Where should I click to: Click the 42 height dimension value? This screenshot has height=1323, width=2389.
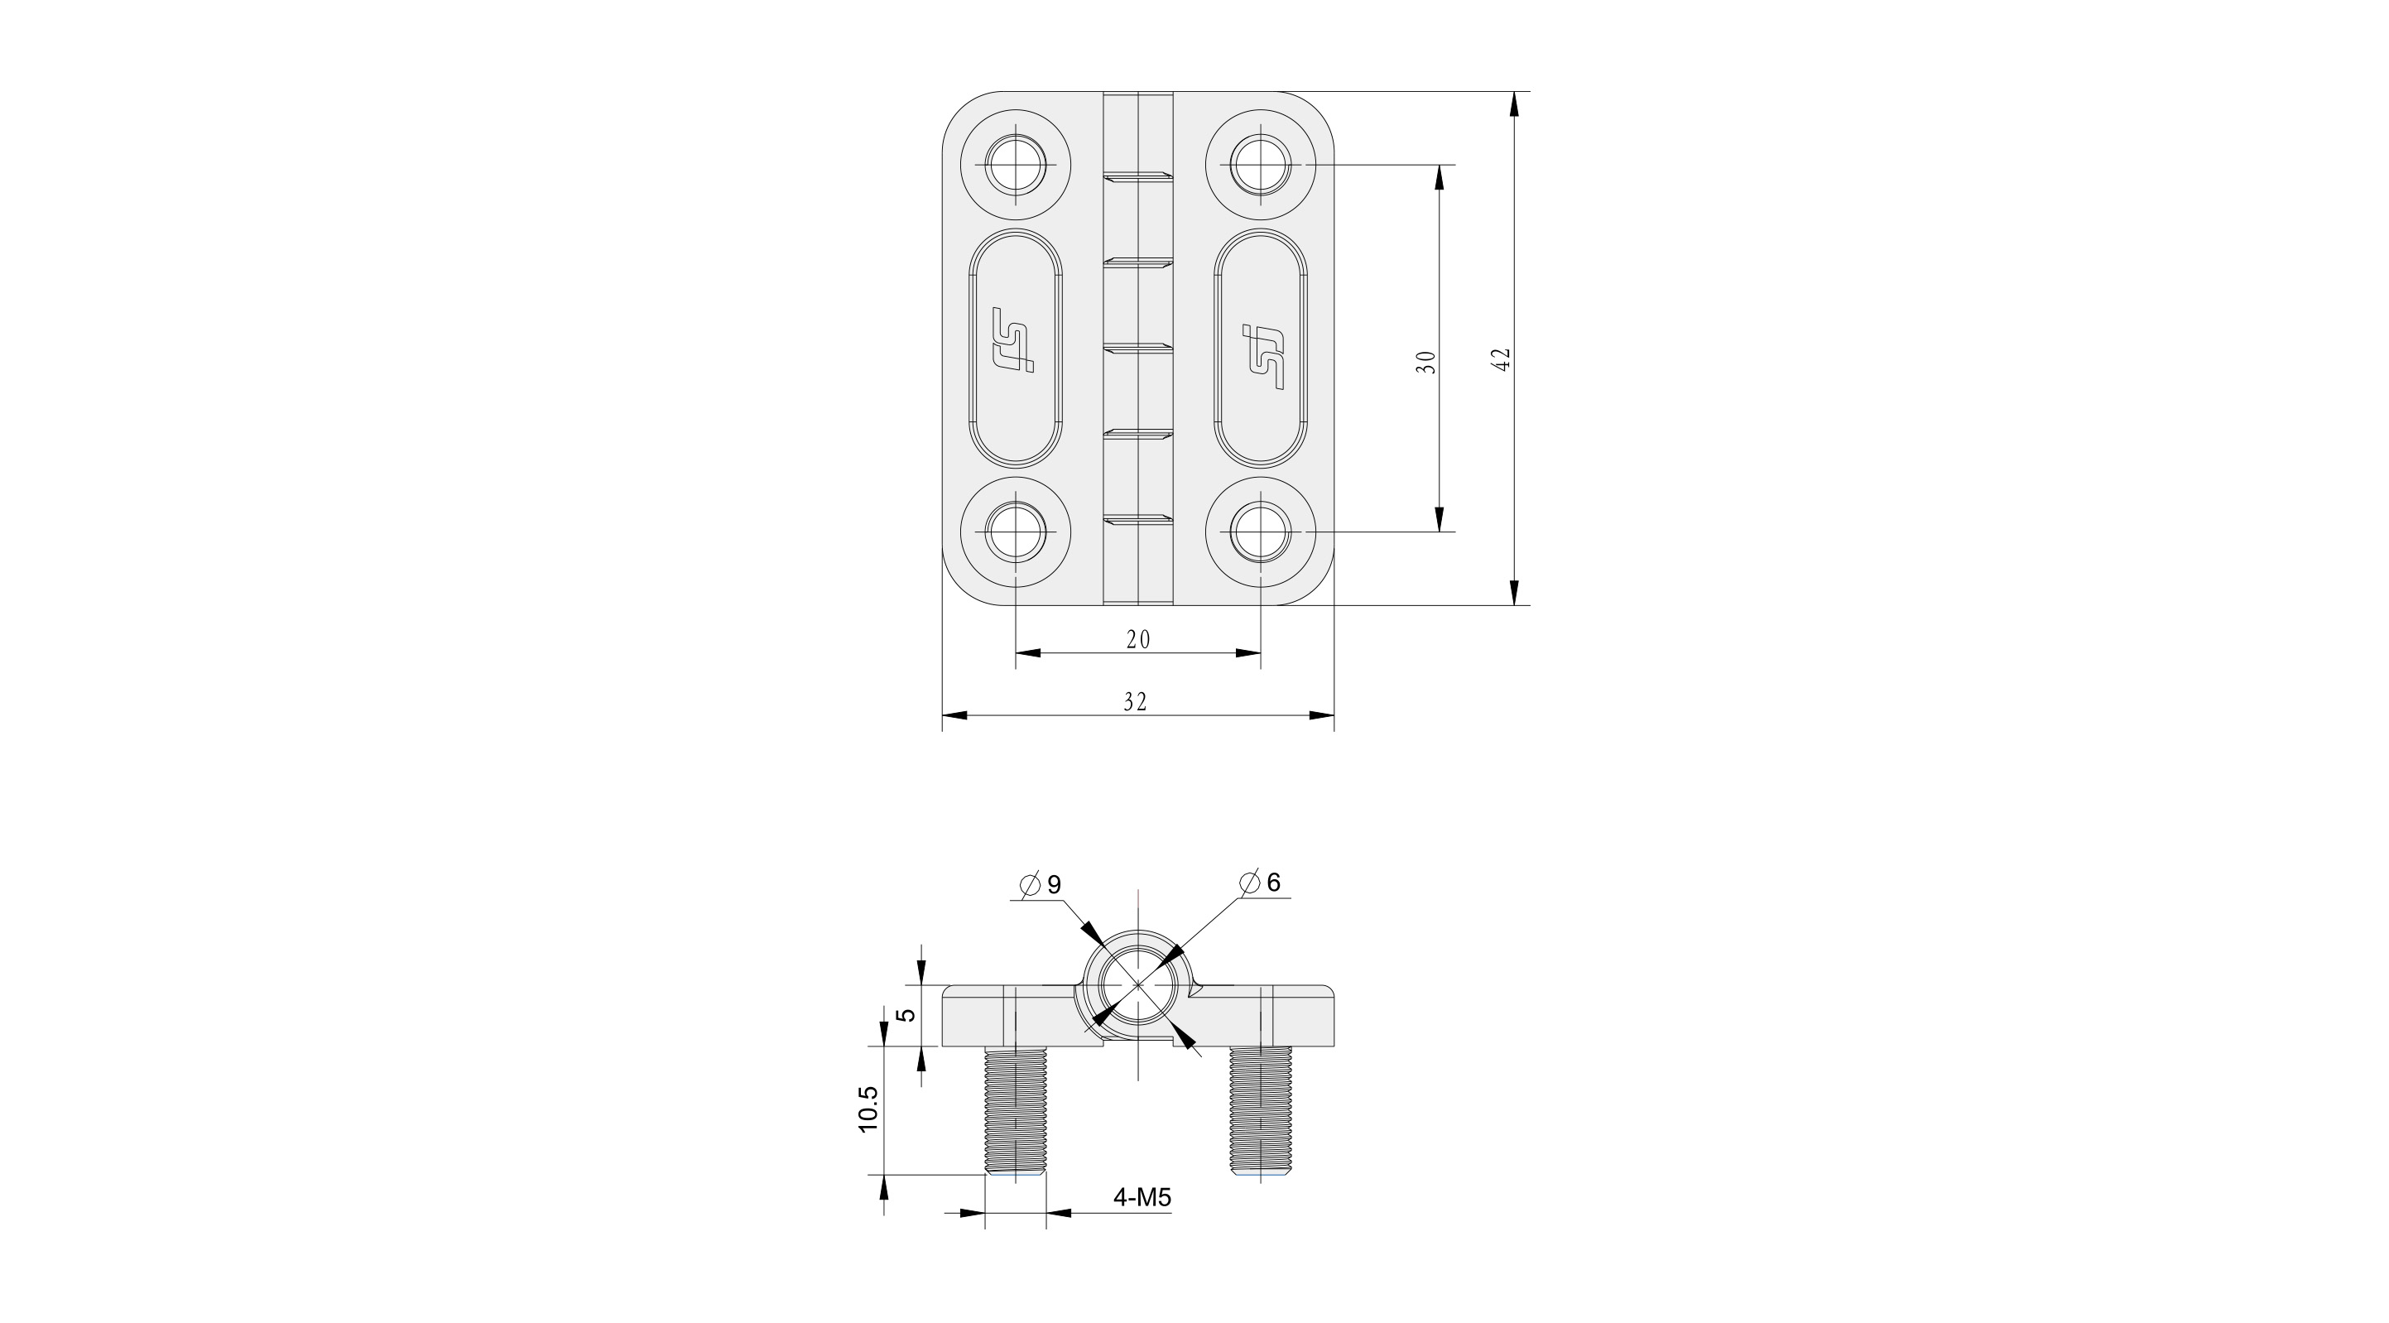1503,359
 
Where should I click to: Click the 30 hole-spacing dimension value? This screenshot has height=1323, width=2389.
1427,362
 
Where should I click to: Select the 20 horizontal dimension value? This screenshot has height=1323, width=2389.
1138,639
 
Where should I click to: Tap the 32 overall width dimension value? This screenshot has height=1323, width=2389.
1136,702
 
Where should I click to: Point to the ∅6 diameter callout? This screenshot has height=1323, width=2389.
1261,883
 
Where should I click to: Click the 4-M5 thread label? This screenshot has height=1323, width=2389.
1142,1198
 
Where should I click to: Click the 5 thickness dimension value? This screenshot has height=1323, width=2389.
909,1014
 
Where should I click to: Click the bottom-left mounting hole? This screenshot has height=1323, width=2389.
1017,532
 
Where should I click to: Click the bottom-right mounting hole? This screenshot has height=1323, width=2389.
1261,532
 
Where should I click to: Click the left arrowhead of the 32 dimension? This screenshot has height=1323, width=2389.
954,715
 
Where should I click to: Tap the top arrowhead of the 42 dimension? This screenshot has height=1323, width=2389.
1513,104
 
